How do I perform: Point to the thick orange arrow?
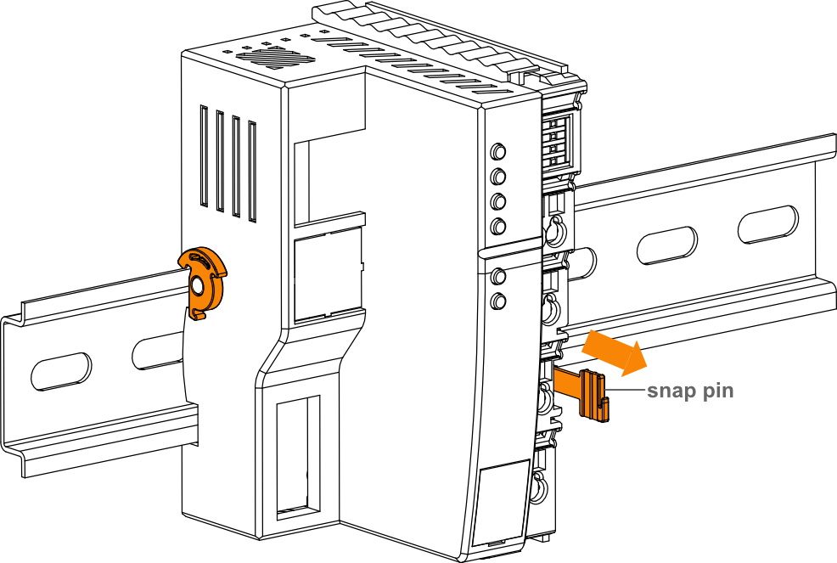614,353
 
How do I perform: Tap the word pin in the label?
718,391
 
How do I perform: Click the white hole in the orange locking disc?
197,286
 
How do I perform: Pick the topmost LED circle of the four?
498,151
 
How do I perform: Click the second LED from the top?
498,176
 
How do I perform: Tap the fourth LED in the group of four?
498,227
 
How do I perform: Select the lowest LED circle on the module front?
498,301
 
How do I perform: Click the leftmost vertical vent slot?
204,156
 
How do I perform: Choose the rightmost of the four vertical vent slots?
252,172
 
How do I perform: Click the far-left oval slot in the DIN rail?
61,372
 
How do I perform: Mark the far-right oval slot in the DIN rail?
768,224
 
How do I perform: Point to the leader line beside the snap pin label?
625,390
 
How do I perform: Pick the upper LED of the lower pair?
498,277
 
